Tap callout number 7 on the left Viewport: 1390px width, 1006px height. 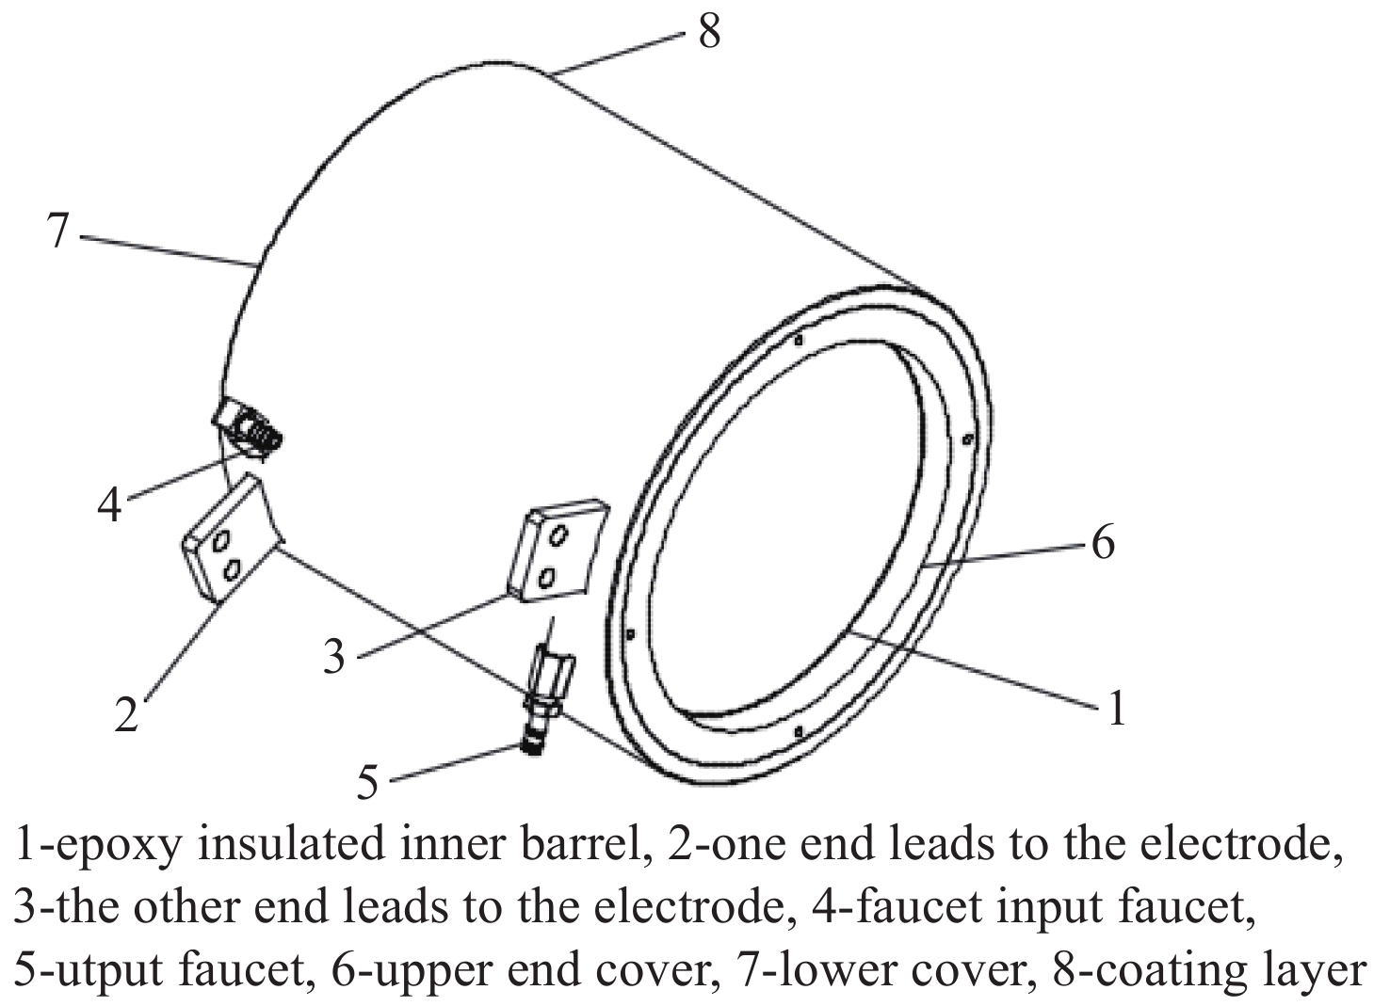(57, 231)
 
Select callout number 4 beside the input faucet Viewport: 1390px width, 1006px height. (110, 505)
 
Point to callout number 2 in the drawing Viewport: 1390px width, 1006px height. (127, 714)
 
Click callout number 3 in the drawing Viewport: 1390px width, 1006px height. (334, 656)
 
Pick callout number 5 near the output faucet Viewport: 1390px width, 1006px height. (367, 781)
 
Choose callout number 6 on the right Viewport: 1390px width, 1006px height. (1103, 543)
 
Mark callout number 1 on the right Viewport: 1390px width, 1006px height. (1117, 708)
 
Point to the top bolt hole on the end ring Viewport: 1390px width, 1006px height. (798, 341)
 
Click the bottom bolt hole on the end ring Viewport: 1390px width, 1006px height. (799, 730)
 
